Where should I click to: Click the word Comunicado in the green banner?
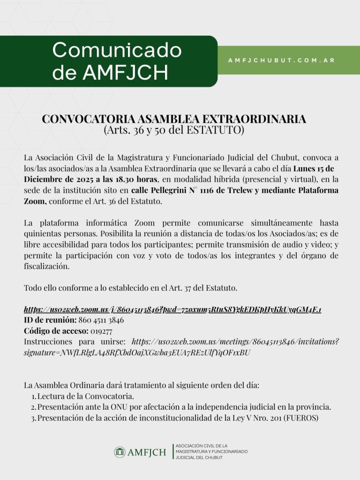pyautogui.click(x=117, y=50)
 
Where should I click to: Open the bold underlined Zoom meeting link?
pyautogui.click(x=172, y=310)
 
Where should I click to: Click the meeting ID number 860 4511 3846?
pyautogui.click(x=101, y=321)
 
